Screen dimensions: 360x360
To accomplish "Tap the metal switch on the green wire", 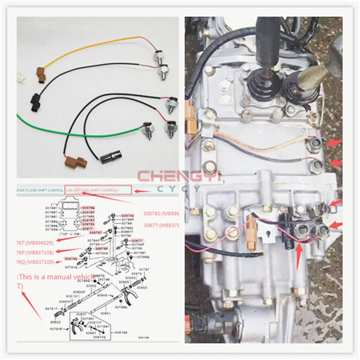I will point(148,130).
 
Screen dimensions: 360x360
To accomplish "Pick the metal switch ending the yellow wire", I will point(158,58).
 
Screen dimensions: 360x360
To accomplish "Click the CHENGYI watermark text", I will point(179,176).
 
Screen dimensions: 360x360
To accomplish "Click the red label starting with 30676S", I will point(161,213).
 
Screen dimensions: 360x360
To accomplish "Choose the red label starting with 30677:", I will point(161,225).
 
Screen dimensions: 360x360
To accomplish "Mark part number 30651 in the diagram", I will point(105,313).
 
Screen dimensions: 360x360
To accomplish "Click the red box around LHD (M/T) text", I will point(98,190).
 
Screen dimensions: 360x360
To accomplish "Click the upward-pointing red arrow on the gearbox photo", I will point(298,256).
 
